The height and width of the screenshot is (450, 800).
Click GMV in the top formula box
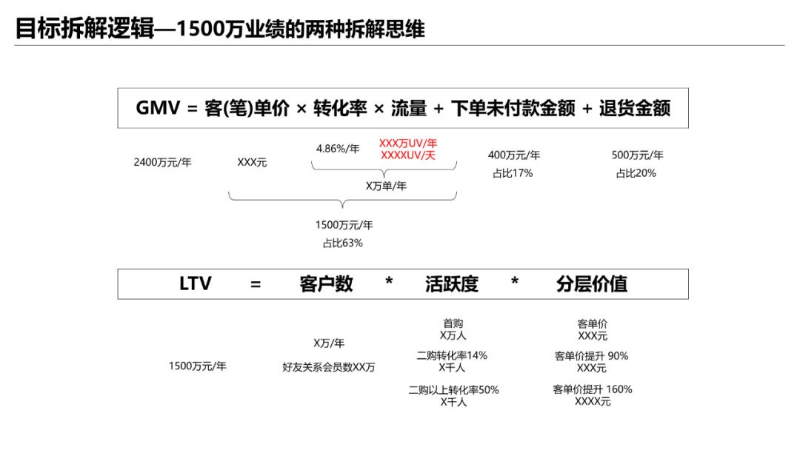point(158,108)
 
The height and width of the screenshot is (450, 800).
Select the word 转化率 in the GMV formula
point(340,108)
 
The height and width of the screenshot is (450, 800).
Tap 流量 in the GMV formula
point(409,108)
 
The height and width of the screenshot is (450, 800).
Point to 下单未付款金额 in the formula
point(513,108)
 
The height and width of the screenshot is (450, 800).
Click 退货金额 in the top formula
point(635,108)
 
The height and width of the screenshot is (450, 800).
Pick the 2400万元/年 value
point(162,162)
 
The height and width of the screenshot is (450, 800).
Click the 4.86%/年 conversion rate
point(338,148)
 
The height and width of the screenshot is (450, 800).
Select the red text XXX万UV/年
point(407,143)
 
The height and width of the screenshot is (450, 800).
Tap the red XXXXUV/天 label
point(407,155)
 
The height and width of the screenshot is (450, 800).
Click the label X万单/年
point(386,186)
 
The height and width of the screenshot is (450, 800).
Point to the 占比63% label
point(343,243)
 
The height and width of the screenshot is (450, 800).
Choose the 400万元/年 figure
point(514,155)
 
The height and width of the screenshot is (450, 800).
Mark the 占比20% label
point(636,173)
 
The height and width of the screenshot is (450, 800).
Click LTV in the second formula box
point(195,284)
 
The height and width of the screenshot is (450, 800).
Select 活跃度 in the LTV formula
point(452,284)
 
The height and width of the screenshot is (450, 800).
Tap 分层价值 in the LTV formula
point(592,284)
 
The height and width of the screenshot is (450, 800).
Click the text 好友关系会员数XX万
point(329,367)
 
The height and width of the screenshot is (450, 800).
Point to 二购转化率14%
point(452,355)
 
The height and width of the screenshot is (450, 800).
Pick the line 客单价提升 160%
point(593,389)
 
